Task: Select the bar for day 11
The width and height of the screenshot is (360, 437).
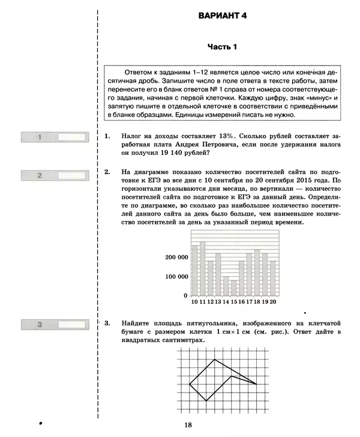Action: point(202,268)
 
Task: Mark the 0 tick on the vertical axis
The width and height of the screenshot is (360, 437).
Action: point(185,295)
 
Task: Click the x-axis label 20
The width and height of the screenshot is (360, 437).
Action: point(272,302)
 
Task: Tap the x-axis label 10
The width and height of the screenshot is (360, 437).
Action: point(194,302)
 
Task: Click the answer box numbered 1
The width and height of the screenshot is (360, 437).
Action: point(73,137)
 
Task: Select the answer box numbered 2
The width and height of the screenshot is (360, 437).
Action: point(73,175)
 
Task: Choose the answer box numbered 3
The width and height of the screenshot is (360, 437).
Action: point(73,325)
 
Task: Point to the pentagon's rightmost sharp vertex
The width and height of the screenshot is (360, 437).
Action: point(257,384)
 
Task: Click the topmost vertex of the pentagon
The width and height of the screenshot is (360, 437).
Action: point(215,360)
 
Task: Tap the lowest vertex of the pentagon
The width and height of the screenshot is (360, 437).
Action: point(206,401)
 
